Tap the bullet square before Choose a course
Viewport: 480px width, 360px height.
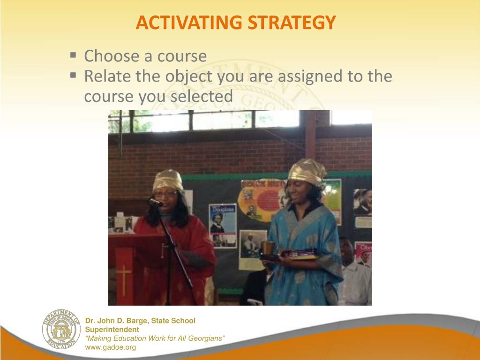pyautogui.click(x=73, y=55)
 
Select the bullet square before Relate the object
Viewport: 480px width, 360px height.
pyautogui.click(x=73, y=75)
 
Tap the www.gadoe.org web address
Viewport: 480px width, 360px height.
pyautogui.click(x=110, y=347)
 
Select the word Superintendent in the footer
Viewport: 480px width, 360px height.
pyautogui.click(x=112, y=330)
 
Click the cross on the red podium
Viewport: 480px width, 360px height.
pyautogui.click(x=124, y=280)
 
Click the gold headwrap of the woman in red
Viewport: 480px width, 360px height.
pyautogui.click(x=168, y=179)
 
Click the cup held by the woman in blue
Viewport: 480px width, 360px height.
pyautogui.click(x=267, y=247)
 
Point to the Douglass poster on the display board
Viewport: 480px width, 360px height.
pyautogui.click(x=222, y=224)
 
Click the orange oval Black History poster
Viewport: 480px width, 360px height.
pyautogui.click(x=260, y=197)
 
